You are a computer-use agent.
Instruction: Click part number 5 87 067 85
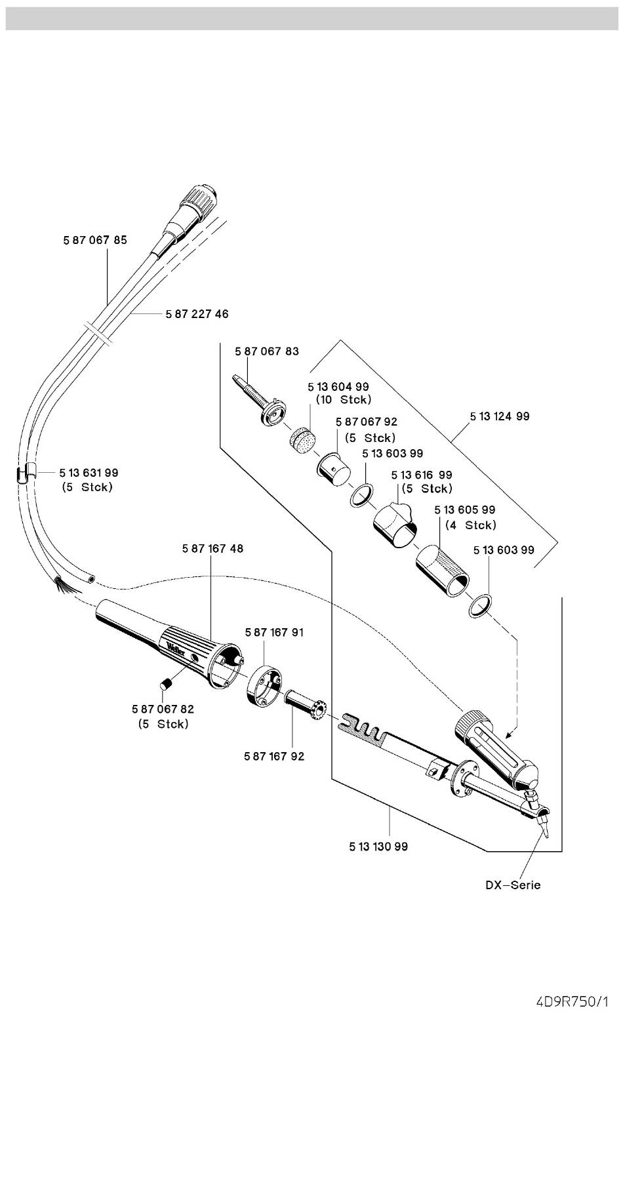pyautogui.click(x=95, y=240)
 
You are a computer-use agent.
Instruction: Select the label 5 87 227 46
pyautogui.click(x=197, y=314)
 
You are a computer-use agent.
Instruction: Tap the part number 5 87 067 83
pyautogui.click(x=267, y=351)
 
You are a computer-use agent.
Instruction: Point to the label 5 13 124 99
pyautogui.click(x=500, y=416)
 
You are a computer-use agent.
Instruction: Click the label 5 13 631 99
pyautogui.click(x=89, y=473)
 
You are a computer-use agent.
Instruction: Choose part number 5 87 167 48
pyautogui.click(x=212, y=548)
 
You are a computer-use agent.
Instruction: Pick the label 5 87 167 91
pyautogui.click(x=274, y=633)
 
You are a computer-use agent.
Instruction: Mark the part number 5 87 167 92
pyautogui.click(x=274, y=757)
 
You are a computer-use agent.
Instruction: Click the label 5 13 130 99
pyautogui.click(x=378, y=847)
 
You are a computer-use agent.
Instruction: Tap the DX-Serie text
pyautogui.click(x=513, y=885)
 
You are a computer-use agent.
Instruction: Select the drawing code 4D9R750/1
pyautogui.click(x=571, y=1002)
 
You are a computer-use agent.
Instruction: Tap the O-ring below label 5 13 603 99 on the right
pyautogui.click(x=481, y=605)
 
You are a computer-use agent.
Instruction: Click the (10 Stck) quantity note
pyautogui.click(x=344, y=399)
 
